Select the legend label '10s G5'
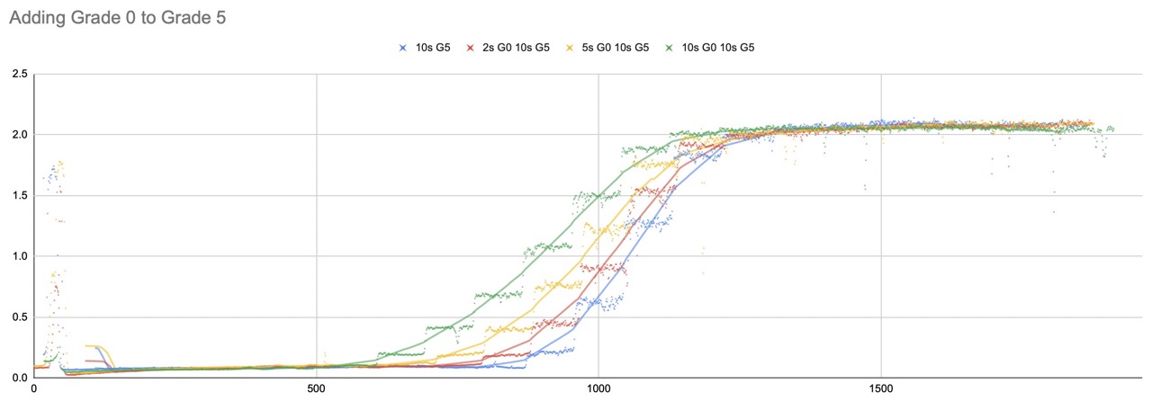[433, 47]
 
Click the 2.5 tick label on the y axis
[20, 73]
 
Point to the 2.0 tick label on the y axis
[20, 134]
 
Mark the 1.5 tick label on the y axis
[20, 195]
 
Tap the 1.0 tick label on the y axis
[20, 256]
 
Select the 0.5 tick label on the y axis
[20, 316]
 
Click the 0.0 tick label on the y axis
[20, 378]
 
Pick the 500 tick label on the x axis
[316, 389]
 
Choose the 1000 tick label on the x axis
[598, 389]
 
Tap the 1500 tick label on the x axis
[881, 389]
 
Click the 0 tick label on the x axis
[34, 389]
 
